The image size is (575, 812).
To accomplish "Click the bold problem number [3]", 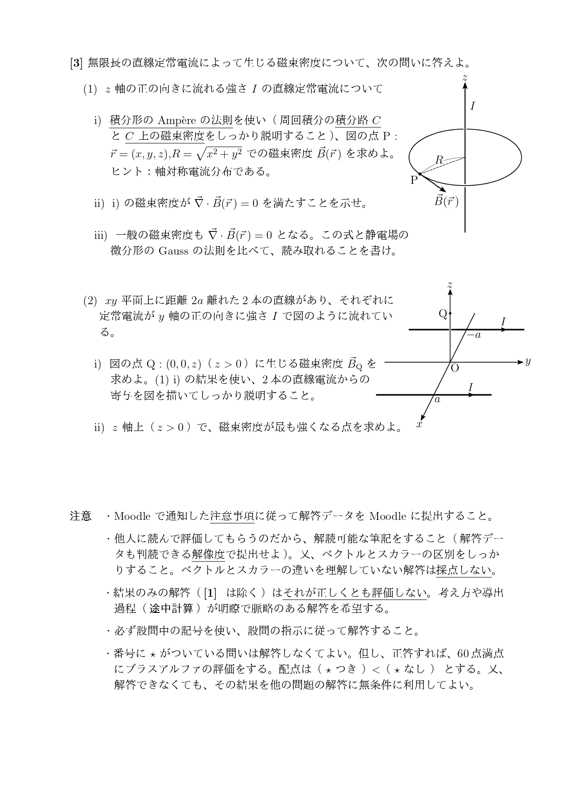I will pyautogui.click(x=76, y=63).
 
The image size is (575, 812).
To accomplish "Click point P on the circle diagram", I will pyautogui.click(x=419, y=174).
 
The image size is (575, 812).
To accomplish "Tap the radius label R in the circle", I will pyautogui.click(x=439, y=160).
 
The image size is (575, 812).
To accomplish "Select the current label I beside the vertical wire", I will pyautogui.click(x=472, y=106).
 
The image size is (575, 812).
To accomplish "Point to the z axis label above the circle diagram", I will pyautogui.click(x=465, y=77).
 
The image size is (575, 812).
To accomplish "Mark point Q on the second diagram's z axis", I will pyautogui.click(x=450, y=314).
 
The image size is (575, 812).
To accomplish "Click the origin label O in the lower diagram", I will pyautogui.click(x=455, y=368).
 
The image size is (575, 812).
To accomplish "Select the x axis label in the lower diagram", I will pyautogui.click(x=419, y=424).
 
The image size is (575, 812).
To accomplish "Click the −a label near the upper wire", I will pyautogui.click(x=474, y=335).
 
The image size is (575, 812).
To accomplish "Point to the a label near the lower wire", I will pyautogui.click(x=437, y=399).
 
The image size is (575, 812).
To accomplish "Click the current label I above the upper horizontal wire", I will pyautogui.click(x=503, y=321).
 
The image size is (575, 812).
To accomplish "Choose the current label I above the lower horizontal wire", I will pyautogui.click(x=471, y=387).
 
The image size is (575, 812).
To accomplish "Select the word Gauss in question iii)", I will pyautogui.click(x=173, y=251).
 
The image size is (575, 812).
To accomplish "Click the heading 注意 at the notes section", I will pyautogui.click(x=81, y=516).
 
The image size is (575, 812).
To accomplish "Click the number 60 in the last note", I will pyautogui.click(x=463, y=653).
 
